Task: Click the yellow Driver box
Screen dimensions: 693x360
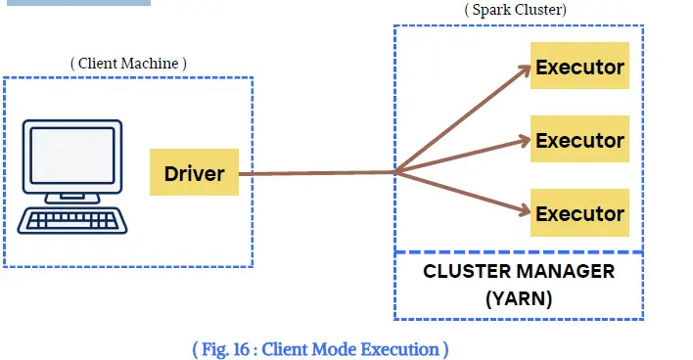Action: [x=194, y=172]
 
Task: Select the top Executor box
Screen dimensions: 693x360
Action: [x=579, y=66]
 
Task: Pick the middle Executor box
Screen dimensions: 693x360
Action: [x=579, y=139]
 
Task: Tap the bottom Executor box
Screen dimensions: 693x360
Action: [x=579, y=212]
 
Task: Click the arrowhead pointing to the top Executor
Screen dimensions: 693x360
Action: [x=525, y=69]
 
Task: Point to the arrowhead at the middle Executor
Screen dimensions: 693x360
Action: [x=525, y=141]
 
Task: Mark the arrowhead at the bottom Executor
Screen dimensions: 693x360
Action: [x=525, y=210]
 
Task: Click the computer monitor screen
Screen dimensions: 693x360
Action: [x=72, y=156]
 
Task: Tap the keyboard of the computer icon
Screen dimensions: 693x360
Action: [x=72, y=220]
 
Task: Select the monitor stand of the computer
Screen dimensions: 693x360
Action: [x=72, y=198]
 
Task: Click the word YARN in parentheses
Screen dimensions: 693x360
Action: [x=519, y=299]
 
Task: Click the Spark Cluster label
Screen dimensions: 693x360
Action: [x=515, y=9]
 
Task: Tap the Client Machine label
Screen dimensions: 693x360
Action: [x=128, y=64]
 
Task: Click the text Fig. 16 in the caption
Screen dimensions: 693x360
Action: [x=225, y=349]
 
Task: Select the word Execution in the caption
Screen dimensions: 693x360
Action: [x=399, y=349]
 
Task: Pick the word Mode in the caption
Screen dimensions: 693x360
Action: [x=334, y=349]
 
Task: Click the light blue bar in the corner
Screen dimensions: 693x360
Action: [x=78, y=3]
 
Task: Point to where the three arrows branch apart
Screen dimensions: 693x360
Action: [x=395, y=172]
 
